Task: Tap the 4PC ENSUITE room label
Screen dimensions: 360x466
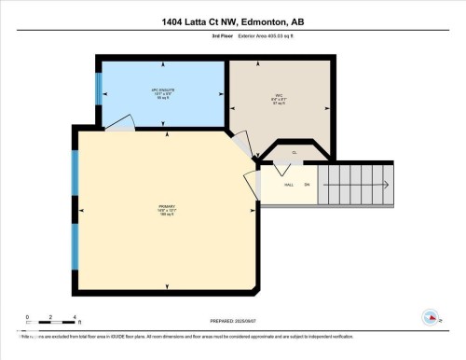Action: pyautogui.click(x=163, y=92)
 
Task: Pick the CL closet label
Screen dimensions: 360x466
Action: pyautogui.click(x=294, y=152)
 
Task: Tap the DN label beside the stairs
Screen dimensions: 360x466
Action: pyautogui.click(x=306, y=185)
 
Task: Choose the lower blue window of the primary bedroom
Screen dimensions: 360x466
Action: pyautogui.click(x=75, y=244)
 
